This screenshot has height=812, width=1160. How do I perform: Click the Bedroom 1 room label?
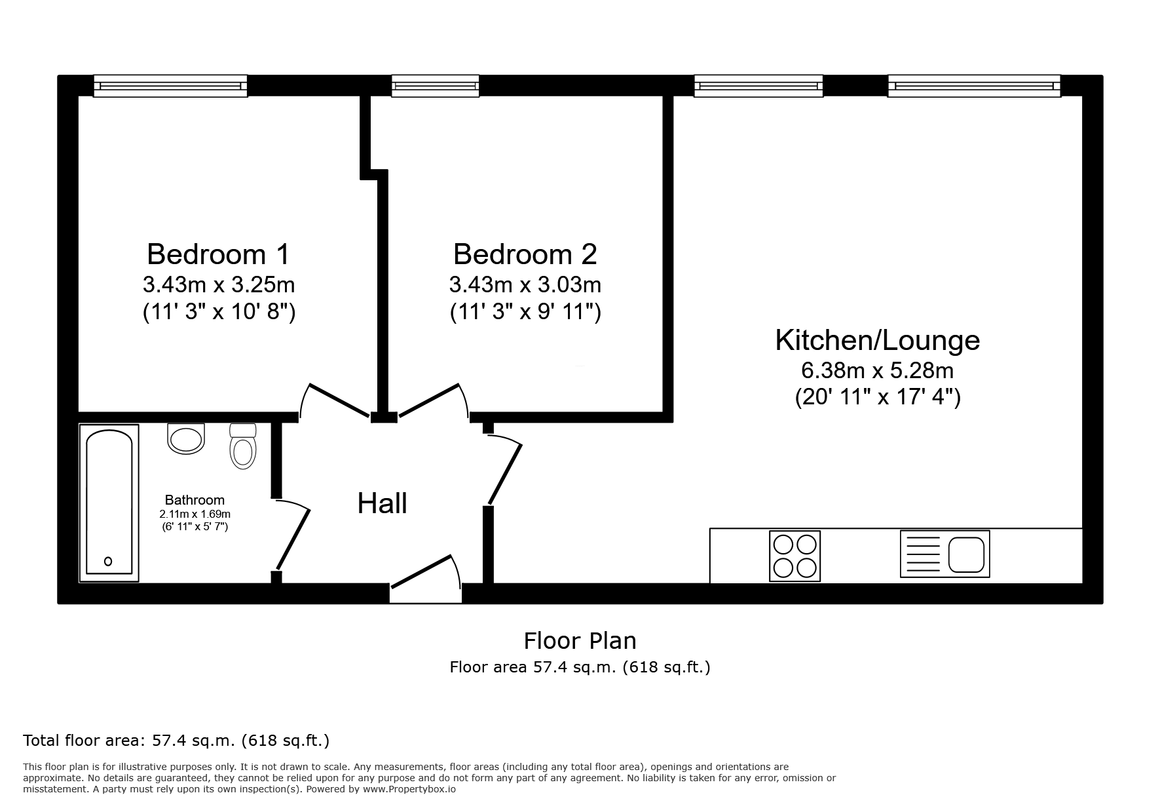pos(218,254)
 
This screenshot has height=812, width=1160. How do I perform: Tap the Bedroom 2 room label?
pos(525,254)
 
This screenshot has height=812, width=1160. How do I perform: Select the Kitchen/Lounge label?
pos(877,340)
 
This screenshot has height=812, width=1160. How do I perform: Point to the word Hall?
pos(383,503)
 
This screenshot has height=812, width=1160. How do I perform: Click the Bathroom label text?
pos(195,500)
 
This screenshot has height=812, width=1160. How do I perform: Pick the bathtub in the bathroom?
pos(109,503)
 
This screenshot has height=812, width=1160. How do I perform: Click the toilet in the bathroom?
pos(243,446)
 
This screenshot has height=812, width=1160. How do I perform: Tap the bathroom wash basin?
pos(186,438)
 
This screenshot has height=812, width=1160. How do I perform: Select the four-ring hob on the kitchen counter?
pos(795,556)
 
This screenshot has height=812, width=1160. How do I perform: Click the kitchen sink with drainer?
pos(945,554)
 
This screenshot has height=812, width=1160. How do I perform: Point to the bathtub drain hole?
pos(108,561)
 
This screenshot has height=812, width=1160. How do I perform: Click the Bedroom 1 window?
pos(170,86)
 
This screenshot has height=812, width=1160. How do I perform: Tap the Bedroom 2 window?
pos(435,86)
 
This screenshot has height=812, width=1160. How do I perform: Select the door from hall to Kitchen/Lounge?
pos(504,470)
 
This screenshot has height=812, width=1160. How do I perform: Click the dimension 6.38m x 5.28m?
pos(877,371)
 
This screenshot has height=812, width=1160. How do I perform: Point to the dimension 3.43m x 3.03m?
pos(525,285)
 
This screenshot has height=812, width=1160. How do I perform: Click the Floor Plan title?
pos(580,640)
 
